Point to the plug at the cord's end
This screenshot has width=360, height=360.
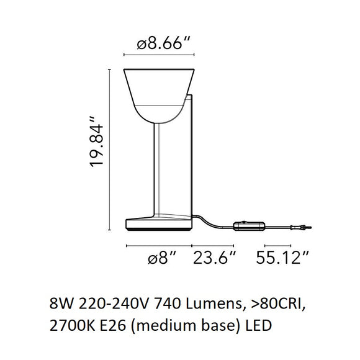(x=299, y=228)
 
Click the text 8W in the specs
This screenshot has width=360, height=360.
(x=59, y=304)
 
